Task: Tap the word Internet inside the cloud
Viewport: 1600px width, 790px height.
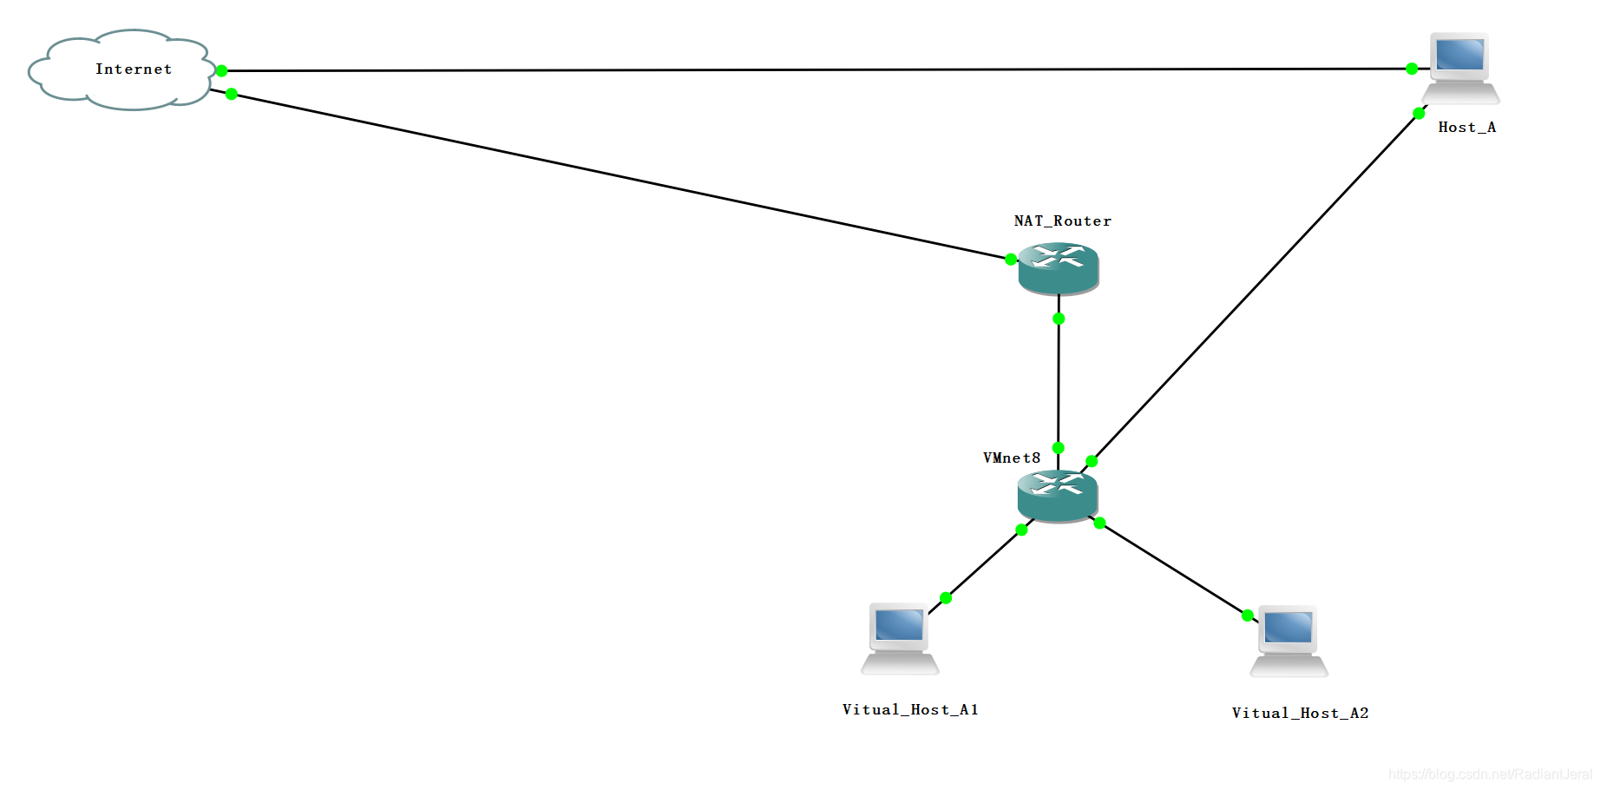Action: (134, 69)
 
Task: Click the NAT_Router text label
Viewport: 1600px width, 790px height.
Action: (1063, 221)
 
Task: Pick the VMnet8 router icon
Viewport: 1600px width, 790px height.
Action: (1058, 496)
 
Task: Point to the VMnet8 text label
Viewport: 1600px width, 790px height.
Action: (1012, 458)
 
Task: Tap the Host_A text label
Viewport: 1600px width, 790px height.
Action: (1467, 128)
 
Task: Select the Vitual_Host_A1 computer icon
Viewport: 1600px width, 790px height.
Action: (900, 638)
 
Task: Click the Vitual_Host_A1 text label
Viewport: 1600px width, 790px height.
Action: (910, 710)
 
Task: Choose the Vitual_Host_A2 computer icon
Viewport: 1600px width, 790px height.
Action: (1289, 642)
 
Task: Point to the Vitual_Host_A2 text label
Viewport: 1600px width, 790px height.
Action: (1300, 714)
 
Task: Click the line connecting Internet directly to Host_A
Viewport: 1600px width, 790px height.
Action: (816, 69)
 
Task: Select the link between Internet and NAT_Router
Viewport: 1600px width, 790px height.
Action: (620, 176)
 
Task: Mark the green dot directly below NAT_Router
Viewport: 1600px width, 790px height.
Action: (1059, 319)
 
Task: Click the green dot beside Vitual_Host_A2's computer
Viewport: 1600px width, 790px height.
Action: (1248, 616)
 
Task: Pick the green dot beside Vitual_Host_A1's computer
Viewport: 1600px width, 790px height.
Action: (946, 597)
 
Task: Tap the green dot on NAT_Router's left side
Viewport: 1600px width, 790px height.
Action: (1011, 259)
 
